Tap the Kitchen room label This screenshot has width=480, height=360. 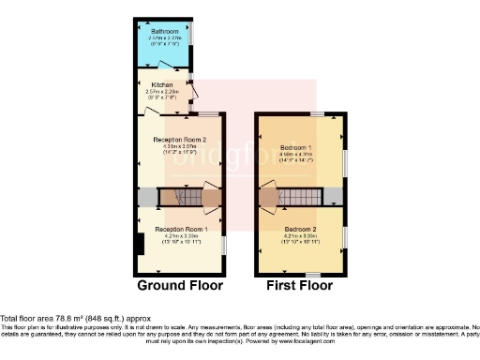tap(163, 84)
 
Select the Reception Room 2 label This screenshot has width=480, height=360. tap(180, 140)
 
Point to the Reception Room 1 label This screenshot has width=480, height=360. tap(181, 230)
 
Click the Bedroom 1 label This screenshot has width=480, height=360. tap(296, 147)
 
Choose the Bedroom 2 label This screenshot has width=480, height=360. tap(300, 229)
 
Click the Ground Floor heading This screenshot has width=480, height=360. tap(180, 285)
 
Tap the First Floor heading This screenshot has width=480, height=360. tap(300, 285)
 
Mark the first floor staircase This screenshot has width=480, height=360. tap(302, 198)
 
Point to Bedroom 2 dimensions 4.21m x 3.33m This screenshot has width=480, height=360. tap(300, 235)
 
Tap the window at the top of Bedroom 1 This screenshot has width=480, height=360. tap(318, 113)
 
